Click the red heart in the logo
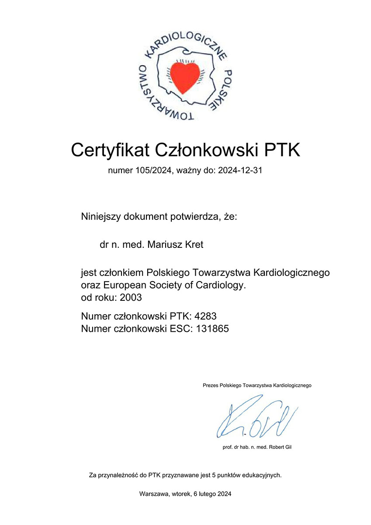pos(185,77)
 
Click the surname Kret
pos(194,245)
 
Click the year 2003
pos(131,298)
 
